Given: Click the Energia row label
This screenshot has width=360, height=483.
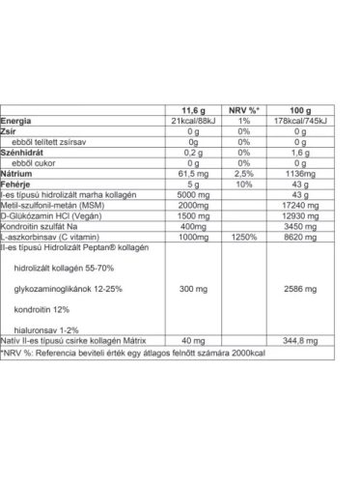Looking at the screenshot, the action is point(19,120).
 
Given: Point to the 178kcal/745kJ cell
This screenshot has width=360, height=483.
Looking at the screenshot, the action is point(307,120).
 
